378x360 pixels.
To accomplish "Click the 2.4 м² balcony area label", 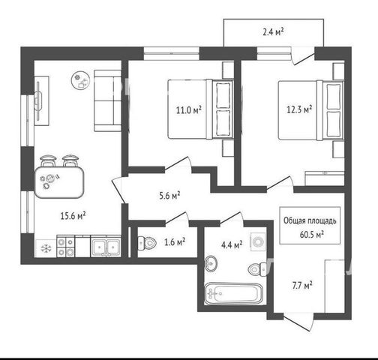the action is click(x=273, y=32).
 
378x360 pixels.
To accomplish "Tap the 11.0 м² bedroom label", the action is click(x=189, y=109).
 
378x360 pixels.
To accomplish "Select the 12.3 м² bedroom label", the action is click(x=299, y=109).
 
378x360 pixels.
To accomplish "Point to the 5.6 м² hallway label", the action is click(x=169, y=196).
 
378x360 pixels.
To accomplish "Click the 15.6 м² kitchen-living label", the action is click(x=73, y=215).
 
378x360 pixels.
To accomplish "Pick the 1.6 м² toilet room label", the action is click(x=175, y=241).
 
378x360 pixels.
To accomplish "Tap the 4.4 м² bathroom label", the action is click(x=232, y=245).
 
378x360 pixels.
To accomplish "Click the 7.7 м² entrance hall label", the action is click(x=302, y=285).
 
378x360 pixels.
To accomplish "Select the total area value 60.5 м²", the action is click(x=311, y=235).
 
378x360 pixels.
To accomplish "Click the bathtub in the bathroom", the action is click(x=233, y=293).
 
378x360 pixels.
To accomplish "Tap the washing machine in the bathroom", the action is click(x=257, y=242).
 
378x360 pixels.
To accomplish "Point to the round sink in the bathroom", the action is click(x=211, y=263).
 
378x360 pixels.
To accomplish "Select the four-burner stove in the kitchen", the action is click(x=66, y=246).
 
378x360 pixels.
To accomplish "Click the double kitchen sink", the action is click(x=106, y=247).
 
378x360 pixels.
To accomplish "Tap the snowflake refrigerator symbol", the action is click(x=46, y=248).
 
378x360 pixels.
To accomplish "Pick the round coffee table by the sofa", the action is click(x=80, y=80).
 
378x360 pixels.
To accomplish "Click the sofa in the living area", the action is click(x=107, y=100).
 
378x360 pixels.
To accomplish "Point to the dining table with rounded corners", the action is click(x=59, y=182).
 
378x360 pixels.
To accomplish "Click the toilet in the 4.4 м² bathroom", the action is click(x=257, y=269).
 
